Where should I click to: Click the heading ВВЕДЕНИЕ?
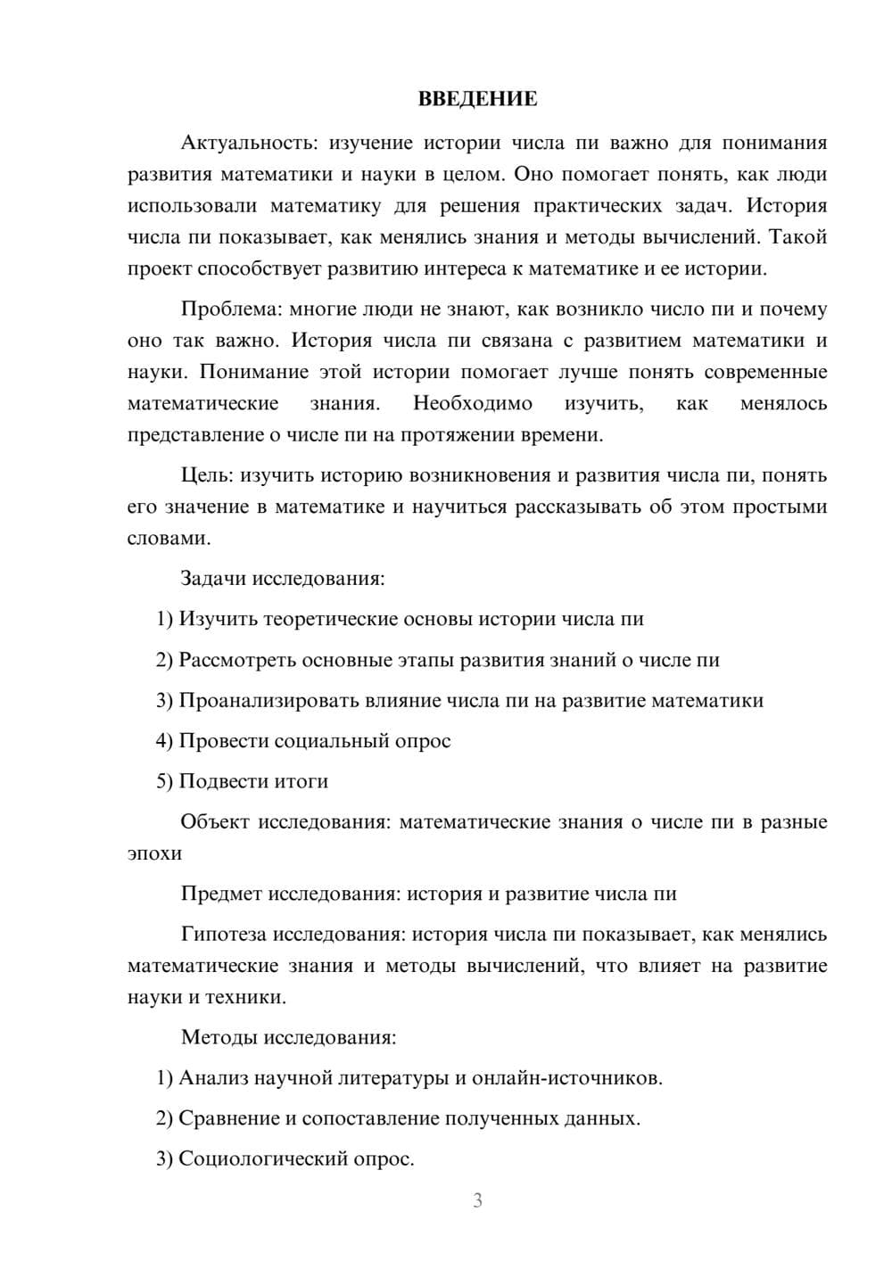point(477,99)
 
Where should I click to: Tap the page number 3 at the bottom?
point(477,1200)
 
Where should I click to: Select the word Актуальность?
point(249,144)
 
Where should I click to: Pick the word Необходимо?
point(473,404)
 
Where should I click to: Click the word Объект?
point(215,822)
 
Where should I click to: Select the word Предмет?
point(221,894)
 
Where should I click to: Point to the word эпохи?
point(154,853)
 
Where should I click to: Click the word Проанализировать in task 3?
point(268,701)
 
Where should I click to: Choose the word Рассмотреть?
point(237,661)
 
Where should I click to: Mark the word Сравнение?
point(228,1118)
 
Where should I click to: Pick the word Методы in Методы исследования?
point(215,1037)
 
